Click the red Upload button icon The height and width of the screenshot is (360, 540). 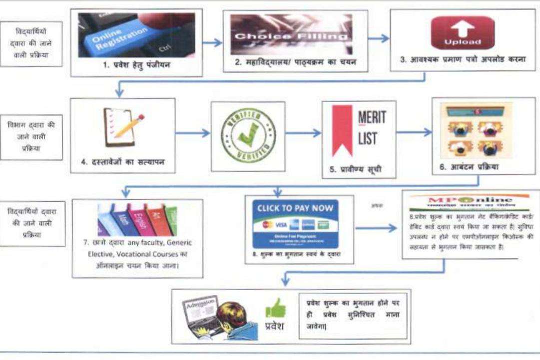click(462, 33)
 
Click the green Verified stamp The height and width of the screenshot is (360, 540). click(248, 136)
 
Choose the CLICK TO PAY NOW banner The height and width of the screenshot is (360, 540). click(295, 223)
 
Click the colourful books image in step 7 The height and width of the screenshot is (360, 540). click(137, 219)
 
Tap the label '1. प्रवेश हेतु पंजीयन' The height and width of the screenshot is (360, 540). click(136, 64)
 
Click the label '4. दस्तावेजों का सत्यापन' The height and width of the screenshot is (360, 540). click(123, 161)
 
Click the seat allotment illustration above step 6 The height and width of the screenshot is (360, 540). click(476, 131)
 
